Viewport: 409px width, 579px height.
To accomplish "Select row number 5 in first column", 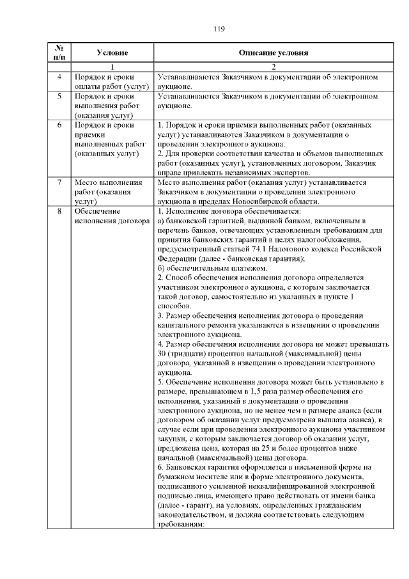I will click(x=59, y=97).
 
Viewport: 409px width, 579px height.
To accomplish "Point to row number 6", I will click(x=59, y=125).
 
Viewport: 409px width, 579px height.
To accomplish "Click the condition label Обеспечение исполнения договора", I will click(x=105, y=216).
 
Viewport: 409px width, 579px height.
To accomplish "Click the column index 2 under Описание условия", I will click(x=273, y=67).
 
